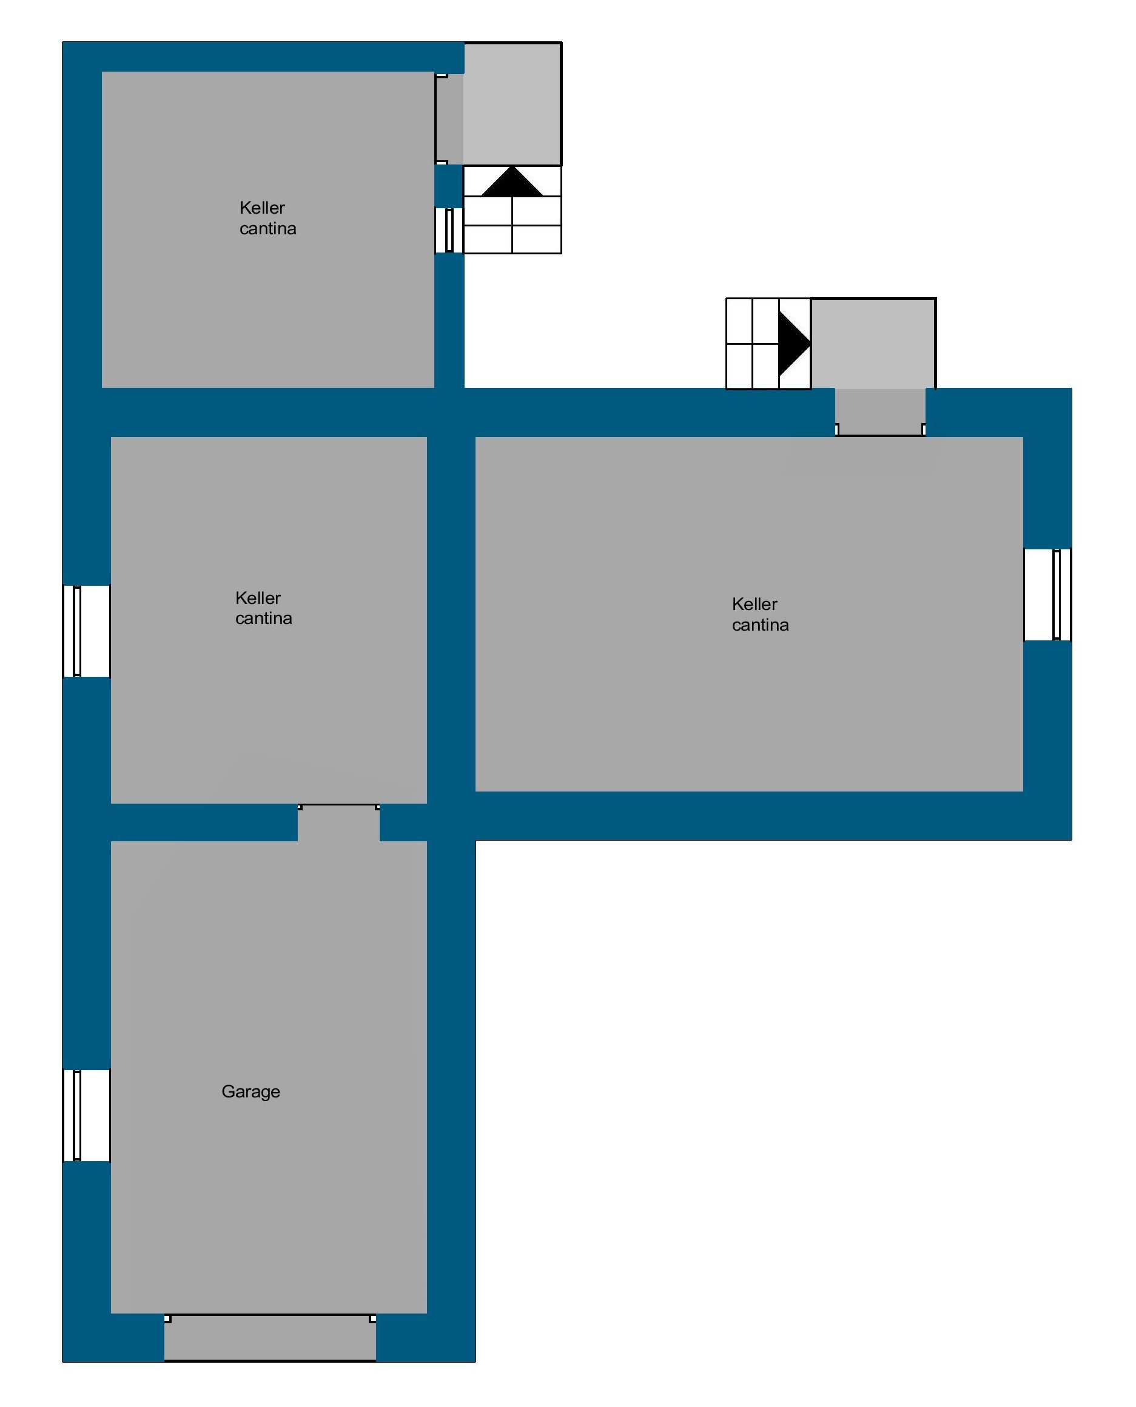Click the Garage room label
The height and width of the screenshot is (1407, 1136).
[250, 1092]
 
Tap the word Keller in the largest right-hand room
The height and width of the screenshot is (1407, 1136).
[755, 604]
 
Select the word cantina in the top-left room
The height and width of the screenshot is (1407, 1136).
[267, 228]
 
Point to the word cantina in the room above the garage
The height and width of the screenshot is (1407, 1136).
[264, 619]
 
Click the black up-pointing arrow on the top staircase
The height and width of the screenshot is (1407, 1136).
[512, 181]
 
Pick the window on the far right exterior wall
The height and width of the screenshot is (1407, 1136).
[1047, 594]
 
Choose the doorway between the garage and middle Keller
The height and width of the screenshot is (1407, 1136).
[338, 823]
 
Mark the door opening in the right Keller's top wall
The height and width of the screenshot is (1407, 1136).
[880, 413]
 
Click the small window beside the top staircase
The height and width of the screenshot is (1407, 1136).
[449, 231]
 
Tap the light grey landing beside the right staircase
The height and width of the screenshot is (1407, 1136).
[873, 344]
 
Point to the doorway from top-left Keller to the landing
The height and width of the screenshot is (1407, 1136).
[449, 119]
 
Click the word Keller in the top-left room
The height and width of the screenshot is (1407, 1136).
[262, 208]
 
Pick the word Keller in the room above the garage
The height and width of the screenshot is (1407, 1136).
[258, 598]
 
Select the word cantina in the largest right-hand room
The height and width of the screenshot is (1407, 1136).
[761, 625]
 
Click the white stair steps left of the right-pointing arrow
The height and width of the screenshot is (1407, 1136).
[753, 344]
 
